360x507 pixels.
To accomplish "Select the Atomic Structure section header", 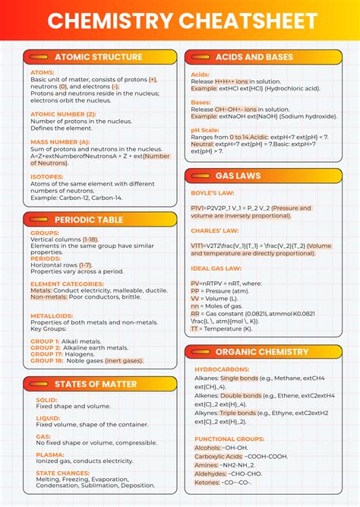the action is [x=98, y=57].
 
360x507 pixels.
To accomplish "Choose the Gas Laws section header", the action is [x=238, y=176].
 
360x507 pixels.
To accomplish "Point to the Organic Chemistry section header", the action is [x=262, y=352].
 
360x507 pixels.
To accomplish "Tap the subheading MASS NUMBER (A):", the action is [x=60, y=141].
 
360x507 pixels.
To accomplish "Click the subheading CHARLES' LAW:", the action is [x=216, y=230].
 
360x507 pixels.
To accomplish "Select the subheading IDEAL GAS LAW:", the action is [x=216, y=268].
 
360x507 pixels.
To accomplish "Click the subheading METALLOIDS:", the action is [x=52, y=315].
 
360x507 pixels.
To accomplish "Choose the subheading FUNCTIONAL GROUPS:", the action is [x=229, y=439].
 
